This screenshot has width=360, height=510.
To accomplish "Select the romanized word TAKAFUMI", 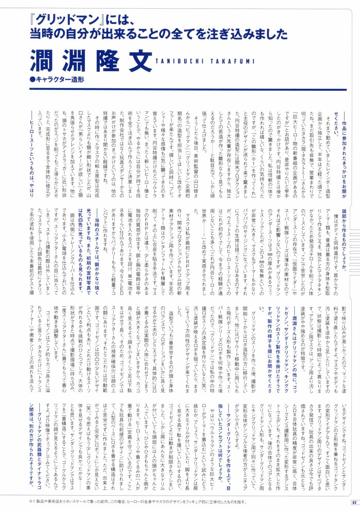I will click(x=232, y=61).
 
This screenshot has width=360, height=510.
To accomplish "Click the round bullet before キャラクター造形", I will click(x=32, y=79).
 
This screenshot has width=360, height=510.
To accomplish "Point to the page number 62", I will click(x=353, y=502).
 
